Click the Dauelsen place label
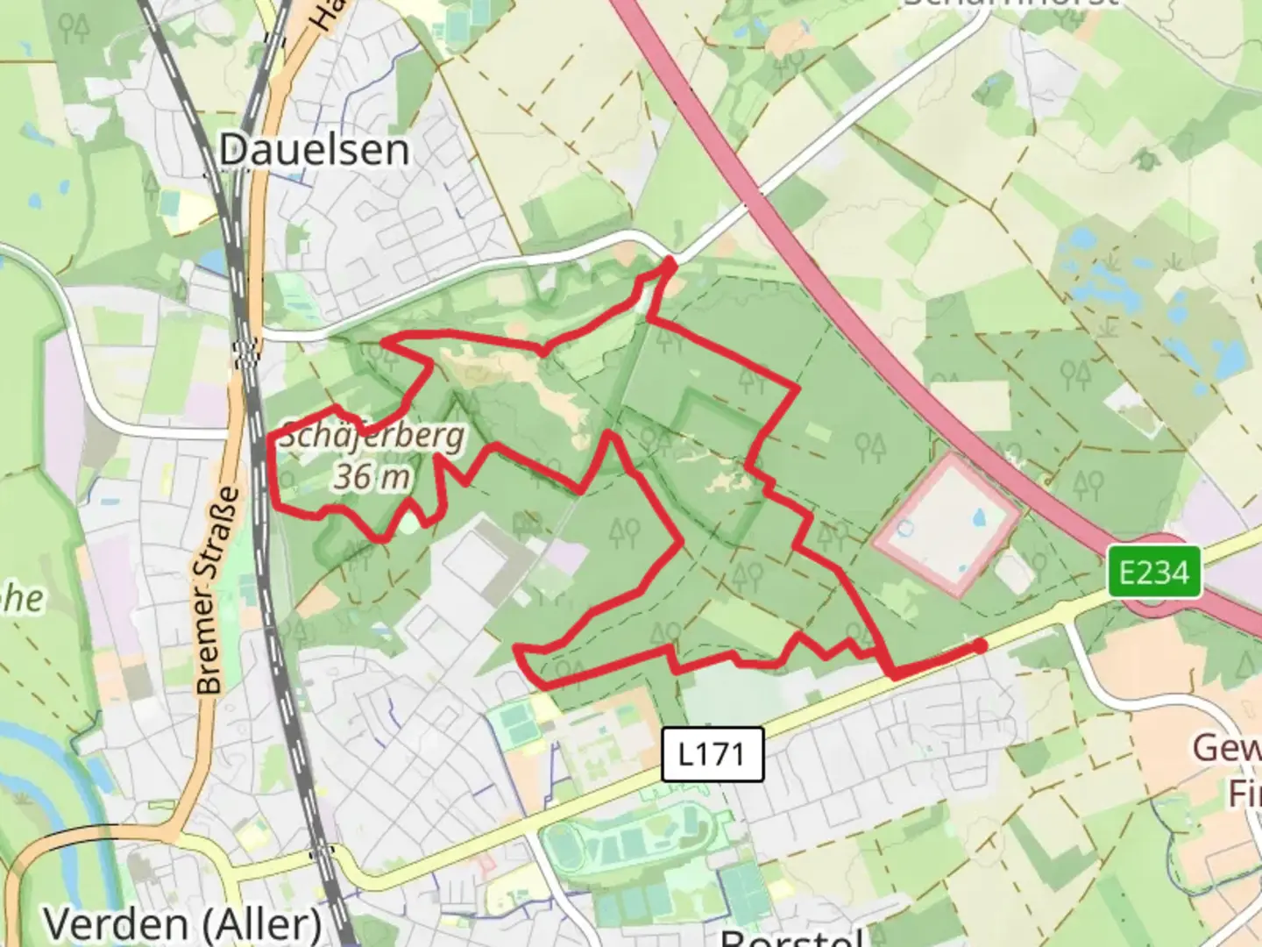pos(314,150)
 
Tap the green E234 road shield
pos(1153,573)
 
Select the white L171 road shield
pos(711,753)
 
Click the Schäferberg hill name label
pos(372,435)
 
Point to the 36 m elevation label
pos(372,477)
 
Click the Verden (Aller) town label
pos(182,923)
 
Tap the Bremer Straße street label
pos(217,591)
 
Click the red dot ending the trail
pos(980,646)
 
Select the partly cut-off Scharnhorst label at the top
pos(1008,3)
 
